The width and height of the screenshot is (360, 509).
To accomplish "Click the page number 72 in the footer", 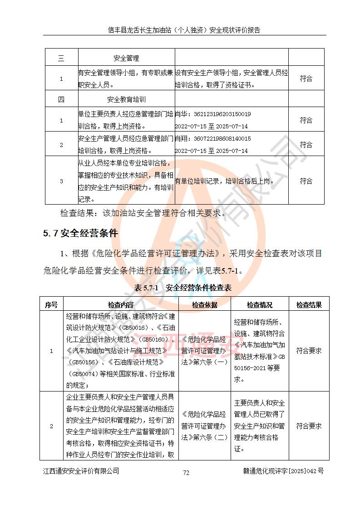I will pos(186,473).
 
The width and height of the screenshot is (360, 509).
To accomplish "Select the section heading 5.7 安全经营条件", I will pos(81,234).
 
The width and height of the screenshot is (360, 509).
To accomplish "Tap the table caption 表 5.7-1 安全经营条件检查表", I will pos(183,288).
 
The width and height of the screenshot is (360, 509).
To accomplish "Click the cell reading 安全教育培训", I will pos(126,99).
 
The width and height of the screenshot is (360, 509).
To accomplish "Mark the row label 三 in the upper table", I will pos(61,59).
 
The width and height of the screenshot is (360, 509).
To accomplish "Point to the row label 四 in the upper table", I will pos(61,99).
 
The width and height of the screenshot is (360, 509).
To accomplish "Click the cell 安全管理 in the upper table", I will pos(126,59).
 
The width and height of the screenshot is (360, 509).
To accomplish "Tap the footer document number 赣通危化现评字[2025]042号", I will pos(283,471).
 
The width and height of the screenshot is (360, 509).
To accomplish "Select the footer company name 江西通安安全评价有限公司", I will pos(81,471).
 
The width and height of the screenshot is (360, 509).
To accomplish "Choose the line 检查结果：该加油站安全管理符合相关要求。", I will pos(143,213).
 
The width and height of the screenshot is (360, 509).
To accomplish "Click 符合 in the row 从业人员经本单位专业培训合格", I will pos(306,181).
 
